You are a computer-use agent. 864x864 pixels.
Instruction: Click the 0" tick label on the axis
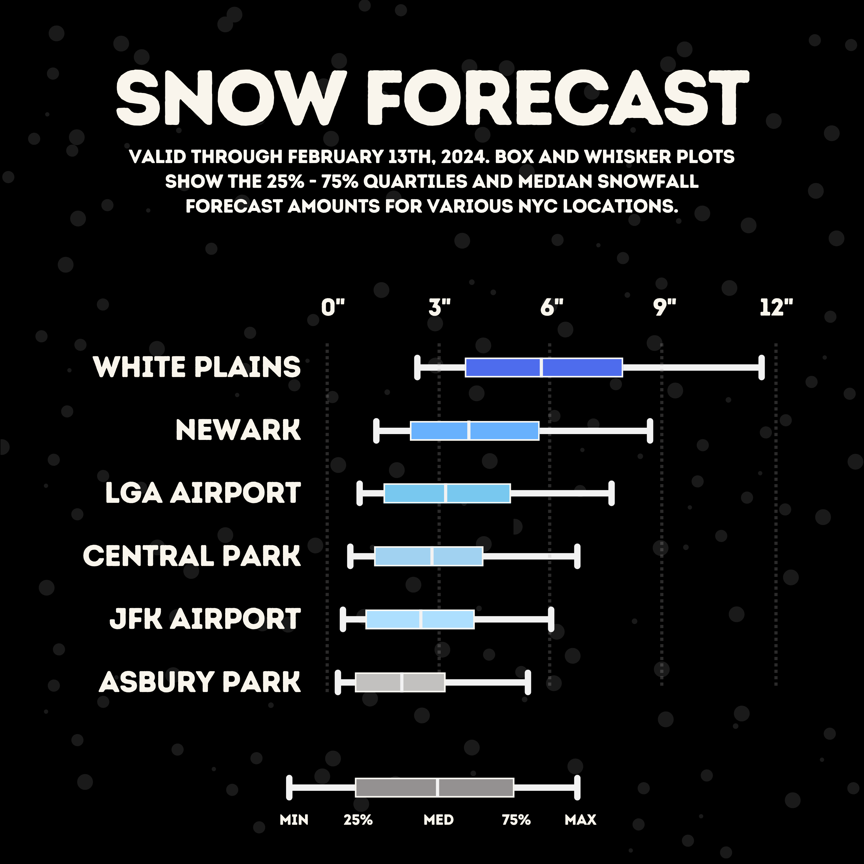coord(333,308)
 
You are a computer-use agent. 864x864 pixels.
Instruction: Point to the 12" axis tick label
coord(776,308)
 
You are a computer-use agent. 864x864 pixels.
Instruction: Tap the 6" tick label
coord(552,308)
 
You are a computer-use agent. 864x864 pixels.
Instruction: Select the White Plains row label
coord(197,367)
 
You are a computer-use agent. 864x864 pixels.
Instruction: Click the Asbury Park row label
coord(200,682)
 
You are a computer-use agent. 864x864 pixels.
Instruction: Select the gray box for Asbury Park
coord(400,682)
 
